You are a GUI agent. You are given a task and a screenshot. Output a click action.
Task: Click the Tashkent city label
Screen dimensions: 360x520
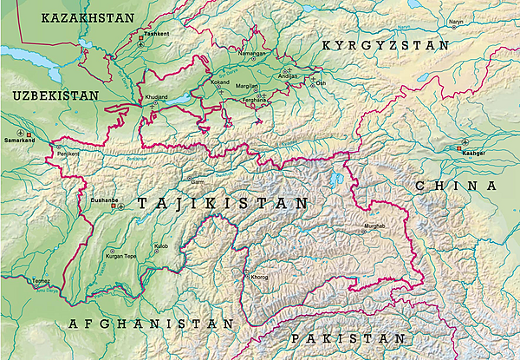click(157, 33)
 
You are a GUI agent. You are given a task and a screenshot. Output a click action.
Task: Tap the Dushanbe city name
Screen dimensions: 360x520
click(103, 200)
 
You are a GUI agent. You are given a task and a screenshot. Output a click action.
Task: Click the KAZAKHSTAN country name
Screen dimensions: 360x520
click(88, 17)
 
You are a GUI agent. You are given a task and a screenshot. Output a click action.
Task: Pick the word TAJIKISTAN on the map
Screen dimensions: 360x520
click(222, 204)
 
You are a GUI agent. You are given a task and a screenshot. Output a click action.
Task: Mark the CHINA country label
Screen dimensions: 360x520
click(456, 186)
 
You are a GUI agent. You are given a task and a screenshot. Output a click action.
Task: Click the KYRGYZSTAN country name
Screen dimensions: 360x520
click(385, 44)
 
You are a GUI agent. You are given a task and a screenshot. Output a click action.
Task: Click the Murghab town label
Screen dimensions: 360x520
click(373, 226)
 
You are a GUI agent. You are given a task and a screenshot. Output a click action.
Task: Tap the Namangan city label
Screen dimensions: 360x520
click(240, 53)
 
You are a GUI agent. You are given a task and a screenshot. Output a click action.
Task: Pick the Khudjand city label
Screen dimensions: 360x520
click(157, 97)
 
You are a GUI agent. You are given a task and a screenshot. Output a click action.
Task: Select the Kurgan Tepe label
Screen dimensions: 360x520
click(121, 257)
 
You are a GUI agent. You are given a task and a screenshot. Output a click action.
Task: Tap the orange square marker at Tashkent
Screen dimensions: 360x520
click(141, 37)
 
